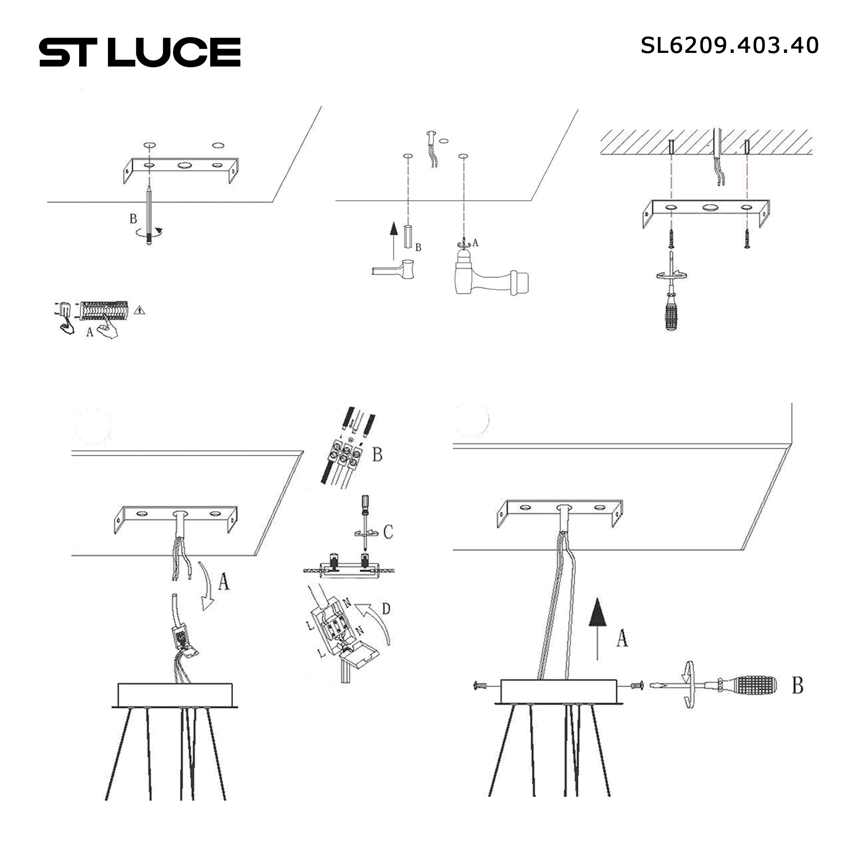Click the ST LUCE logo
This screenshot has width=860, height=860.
(x=140, y=52)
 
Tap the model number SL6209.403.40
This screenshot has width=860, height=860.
(x=729, y=46)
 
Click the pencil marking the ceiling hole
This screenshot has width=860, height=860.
(x=149, y=214)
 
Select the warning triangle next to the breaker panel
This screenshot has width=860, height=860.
(x=140, y=310)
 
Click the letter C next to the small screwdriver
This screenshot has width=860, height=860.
(x=388, y=531)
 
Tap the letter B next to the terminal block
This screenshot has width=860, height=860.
(x=377, y=455)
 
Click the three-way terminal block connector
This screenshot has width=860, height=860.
(x=345, y=454)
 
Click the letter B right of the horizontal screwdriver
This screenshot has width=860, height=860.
(x=797, y=686)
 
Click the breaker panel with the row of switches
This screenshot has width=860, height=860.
(x=104, y=310)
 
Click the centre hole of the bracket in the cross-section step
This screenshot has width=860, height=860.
(x=709, y=207)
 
